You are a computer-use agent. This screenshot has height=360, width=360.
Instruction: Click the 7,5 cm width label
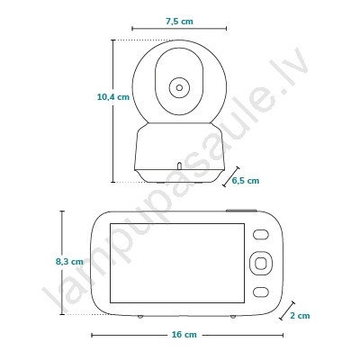(x=179, y=22)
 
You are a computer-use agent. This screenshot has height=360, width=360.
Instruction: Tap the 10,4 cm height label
(x=113, y=97)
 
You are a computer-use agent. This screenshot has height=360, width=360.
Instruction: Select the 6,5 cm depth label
(x=246, y=180)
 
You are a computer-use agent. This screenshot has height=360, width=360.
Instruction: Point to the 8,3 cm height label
(x=69, y=262)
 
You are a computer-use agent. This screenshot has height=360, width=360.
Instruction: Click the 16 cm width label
(x=184, y=335)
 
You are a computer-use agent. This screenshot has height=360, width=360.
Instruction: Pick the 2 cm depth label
(x=300, y=316)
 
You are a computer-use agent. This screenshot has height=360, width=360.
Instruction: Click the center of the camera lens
(x=179, y=87)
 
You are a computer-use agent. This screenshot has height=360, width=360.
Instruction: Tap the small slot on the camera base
(x=179, y=166)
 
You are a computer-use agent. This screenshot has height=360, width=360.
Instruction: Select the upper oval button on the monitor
(x=260, y=234)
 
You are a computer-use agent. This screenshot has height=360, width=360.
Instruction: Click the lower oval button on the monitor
(x=260, y=292)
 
